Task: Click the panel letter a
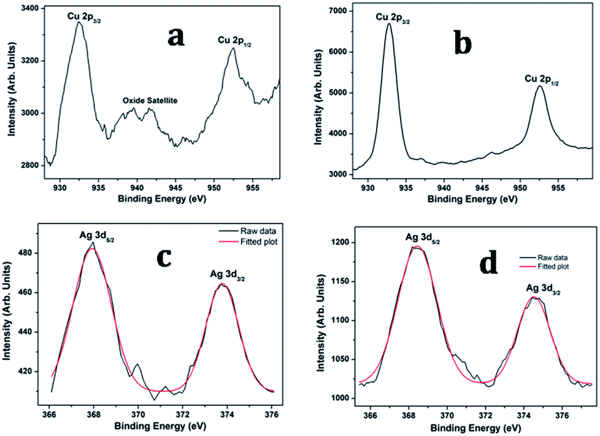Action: pyautogui.click(x=177, y=38)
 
